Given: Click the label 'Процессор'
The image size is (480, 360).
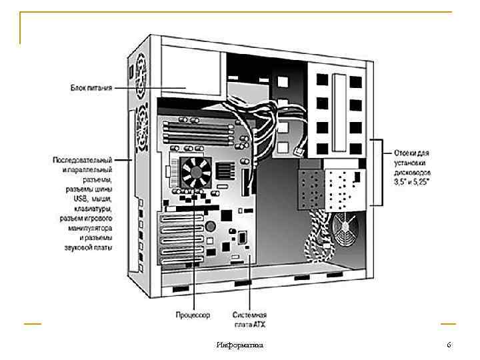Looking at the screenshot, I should pyautogui.click(x=193, y=314).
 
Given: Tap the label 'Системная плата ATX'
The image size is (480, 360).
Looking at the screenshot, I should pyautogui.click(x=250, y=319).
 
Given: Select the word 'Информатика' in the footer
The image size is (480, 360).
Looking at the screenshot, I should pyautogui.click(x=240, y=345).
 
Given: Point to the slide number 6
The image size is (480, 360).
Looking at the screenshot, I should pyautogui.click(x=449, y=345).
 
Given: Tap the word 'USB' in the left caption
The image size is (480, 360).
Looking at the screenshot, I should pyautogui.click(x=81, y=199).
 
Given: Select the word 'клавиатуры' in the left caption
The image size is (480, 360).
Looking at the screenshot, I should pyautogui.click(x=93, y=209).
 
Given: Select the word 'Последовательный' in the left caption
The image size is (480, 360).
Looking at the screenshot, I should pyautogui.click(x=82, y=160).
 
